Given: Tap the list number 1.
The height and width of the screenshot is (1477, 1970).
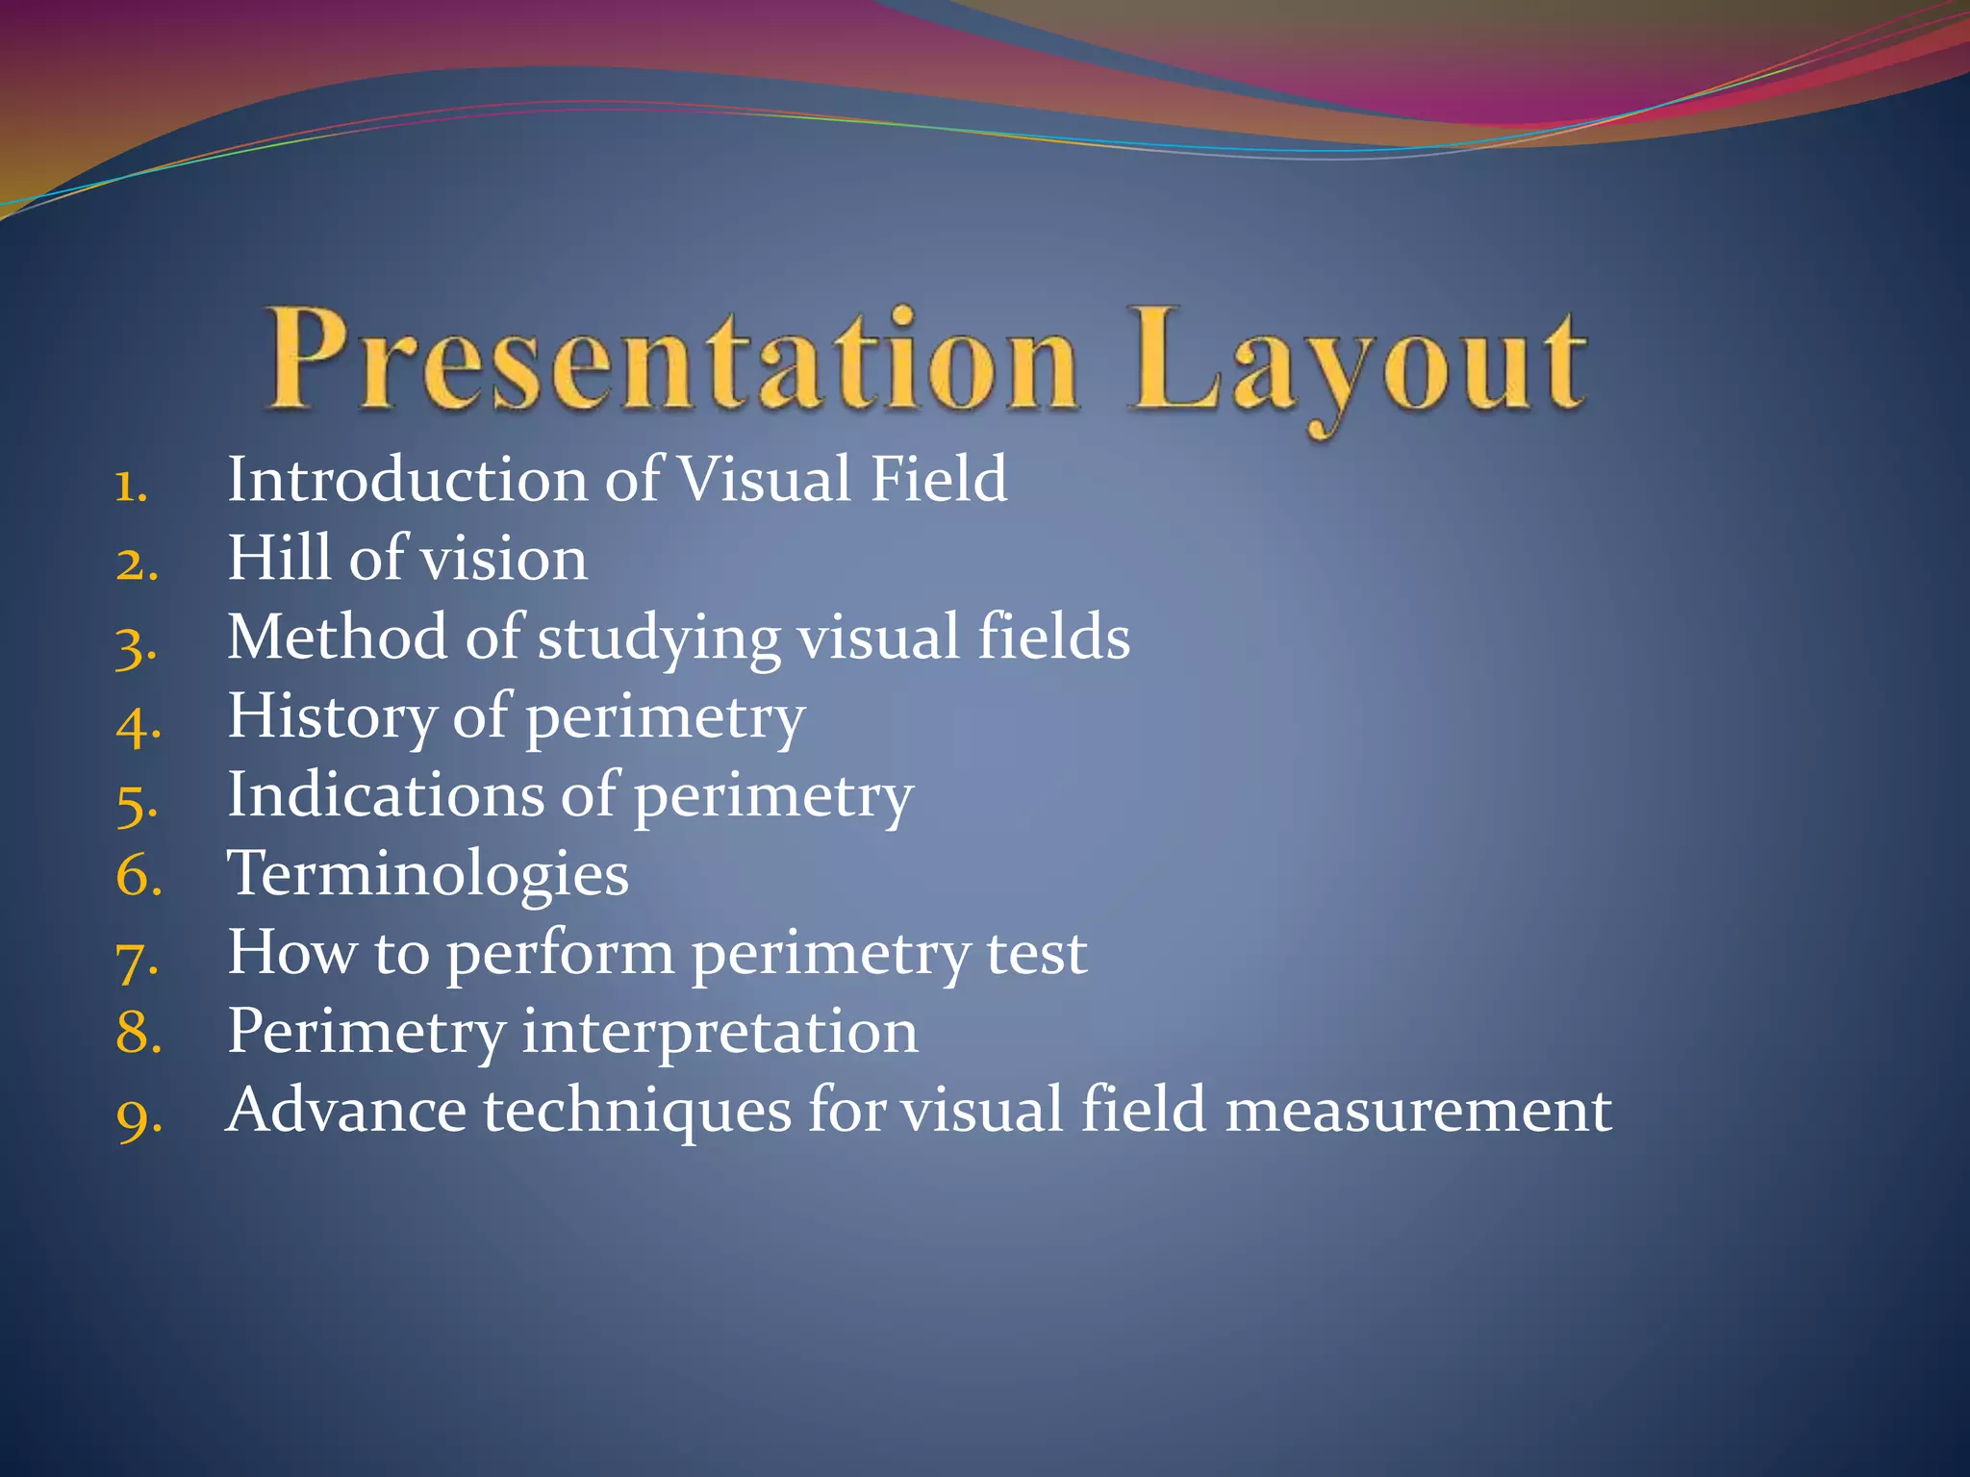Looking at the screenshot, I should (130, 486).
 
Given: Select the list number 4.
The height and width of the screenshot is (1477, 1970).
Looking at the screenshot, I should (138, 723).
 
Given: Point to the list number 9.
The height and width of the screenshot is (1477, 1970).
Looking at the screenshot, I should (138, 1117).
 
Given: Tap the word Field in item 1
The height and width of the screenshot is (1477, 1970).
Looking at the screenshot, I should (938, 479).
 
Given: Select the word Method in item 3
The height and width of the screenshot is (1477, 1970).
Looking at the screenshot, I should (337, 637).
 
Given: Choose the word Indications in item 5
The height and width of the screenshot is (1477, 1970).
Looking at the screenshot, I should (385, 795).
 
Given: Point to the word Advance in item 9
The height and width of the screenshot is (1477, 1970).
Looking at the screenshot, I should (345, 1111).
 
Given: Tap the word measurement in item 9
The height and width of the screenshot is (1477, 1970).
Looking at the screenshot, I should (1418, 1111).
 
